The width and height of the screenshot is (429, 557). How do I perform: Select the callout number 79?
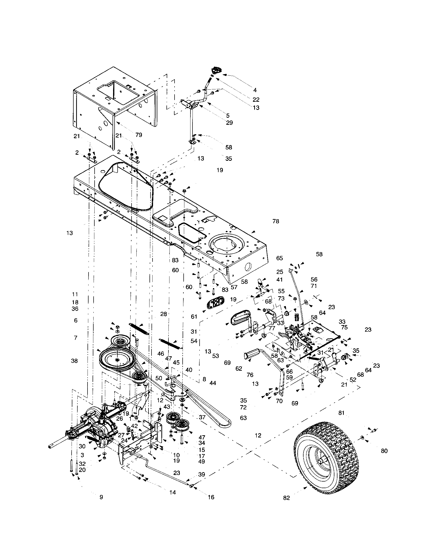[139, 135]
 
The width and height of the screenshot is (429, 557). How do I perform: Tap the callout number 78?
[276, 221]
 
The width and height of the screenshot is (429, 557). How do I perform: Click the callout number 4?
[255, 90]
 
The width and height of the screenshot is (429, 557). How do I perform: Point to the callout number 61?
[194, 317]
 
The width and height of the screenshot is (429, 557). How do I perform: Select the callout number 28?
[164, 314]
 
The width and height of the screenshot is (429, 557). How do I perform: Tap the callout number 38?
[74, 361]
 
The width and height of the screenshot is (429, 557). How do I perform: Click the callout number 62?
[239, 369]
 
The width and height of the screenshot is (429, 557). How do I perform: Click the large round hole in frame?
[226, 244]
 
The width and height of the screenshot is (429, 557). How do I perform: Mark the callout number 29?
[229, 123]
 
